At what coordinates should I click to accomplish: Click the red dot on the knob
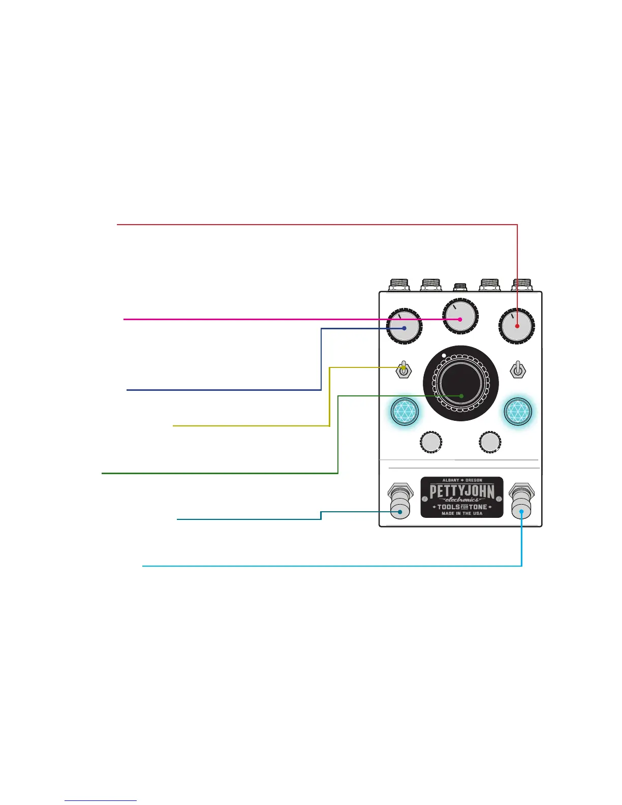[517, 326]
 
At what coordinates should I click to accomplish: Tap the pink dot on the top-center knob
[460, 319]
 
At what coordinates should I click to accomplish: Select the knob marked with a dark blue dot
[405, 328]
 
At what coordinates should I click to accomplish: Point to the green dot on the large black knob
[461, 395]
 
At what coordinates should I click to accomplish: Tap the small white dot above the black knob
[444, 355]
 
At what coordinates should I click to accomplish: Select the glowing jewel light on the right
[518, 411]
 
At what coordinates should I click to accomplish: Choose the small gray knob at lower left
[431, 442]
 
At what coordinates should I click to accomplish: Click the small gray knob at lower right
[490, 442]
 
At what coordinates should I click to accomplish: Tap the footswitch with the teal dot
[400, 511]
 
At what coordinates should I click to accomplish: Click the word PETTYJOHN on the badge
[461, 491]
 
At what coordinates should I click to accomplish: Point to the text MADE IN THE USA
[461, 514]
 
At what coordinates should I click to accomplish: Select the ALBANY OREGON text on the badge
[461, 480]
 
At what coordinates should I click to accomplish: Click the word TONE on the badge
[477, 507]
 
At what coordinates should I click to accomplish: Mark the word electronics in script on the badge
[461, 500]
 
